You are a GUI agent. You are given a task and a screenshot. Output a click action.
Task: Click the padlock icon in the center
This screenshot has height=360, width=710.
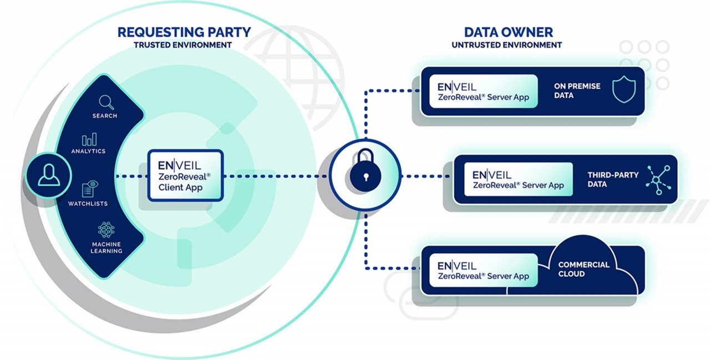(x=364, y=174)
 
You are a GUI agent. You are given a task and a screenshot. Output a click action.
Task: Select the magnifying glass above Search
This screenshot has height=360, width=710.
(x=105, y=102)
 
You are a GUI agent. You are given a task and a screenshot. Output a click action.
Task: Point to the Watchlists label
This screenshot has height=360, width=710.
(x=88, y=204)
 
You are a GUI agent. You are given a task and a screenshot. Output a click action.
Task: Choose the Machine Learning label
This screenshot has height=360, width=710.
(x=106, y=247)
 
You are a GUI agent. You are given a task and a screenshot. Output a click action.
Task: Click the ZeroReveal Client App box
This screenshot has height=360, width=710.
(x=185, y=175)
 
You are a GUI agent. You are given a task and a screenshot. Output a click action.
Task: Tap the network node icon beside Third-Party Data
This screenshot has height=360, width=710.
(x=658, y=180)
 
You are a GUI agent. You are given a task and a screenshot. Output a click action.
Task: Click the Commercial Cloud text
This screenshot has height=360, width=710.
(x=584, y=269)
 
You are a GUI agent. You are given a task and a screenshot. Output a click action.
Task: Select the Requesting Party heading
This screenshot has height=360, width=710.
(x=184, y=32)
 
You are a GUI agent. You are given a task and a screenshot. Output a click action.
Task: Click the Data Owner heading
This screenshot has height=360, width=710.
(x=508, y=32)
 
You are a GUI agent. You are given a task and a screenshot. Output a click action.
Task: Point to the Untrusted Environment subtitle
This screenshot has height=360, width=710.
(x=506, y=45)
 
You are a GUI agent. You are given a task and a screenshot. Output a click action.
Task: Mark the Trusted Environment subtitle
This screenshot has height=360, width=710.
(x=182, y=45)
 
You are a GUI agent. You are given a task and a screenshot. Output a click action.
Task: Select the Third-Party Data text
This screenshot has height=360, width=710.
(x=613, y=179)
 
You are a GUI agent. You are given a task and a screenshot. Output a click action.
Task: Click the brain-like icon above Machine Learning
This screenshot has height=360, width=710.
(x=106, y=229)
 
